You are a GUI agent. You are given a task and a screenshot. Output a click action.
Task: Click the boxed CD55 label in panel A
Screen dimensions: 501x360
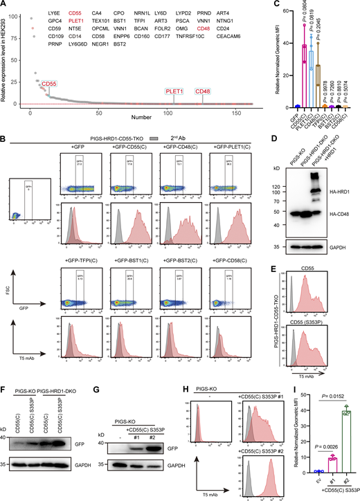[50, 84]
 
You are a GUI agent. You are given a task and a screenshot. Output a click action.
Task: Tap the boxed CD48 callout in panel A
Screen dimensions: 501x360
[203, 91]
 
